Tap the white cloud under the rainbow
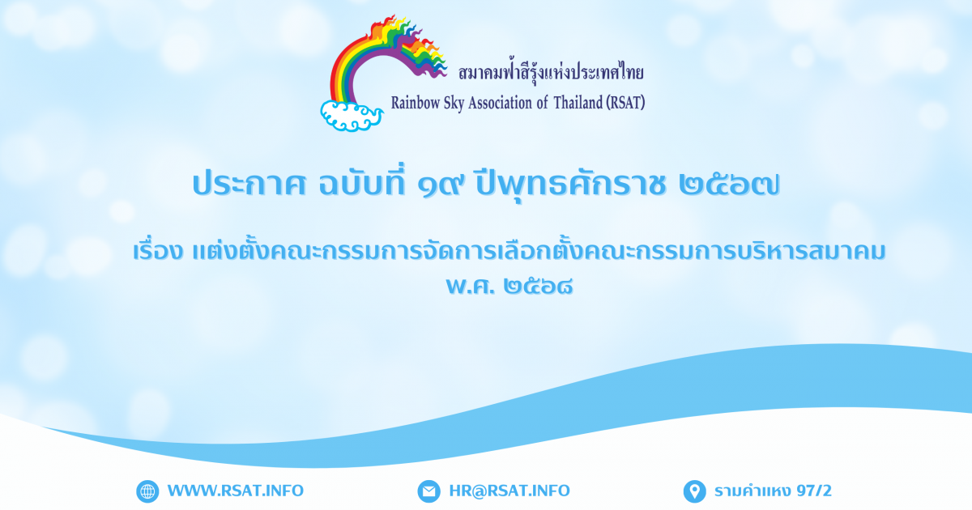pos(352,116)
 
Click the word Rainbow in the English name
pos(416,104)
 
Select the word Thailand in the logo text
pos(578,103)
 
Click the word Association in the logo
pos(500,104)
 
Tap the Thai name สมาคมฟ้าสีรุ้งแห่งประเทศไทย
pos(551,72)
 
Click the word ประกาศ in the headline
pos(249,185)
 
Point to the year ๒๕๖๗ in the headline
pos(729,185)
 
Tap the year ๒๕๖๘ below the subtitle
pos(538,287)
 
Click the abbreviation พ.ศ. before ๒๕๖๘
pos(471,287)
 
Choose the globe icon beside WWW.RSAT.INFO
pos(147,491)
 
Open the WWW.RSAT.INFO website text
pos(236,491)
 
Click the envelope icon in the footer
pos(428,491)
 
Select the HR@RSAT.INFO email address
pos(509,491)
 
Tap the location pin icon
pos(695,491)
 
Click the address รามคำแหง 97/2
pos(773,491)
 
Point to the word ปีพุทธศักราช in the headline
pos(570,185)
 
